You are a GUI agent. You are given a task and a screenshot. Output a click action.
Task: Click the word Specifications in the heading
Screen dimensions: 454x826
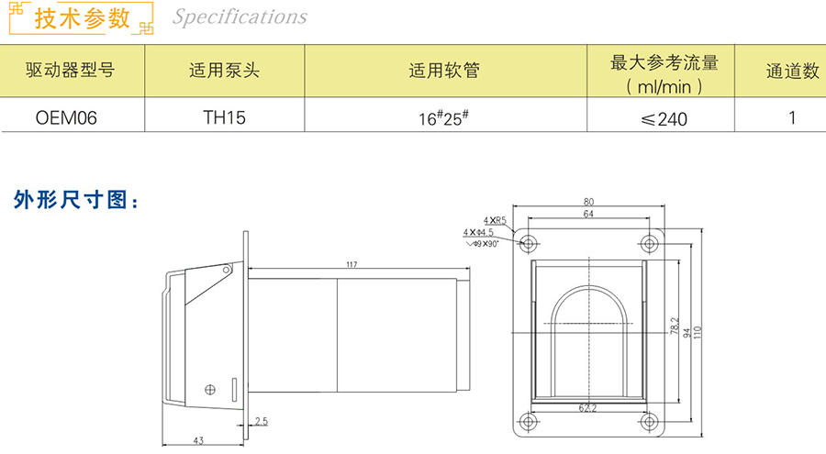point(240,17)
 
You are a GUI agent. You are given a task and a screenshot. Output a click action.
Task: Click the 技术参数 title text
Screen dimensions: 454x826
point(82,18)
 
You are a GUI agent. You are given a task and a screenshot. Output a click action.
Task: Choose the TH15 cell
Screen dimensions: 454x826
point(224,117)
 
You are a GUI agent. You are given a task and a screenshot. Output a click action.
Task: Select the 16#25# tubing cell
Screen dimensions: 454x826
point(444,117)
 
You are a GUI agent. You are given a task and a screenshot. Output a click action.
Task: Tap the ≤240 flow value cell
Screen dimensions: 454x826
point(663,117)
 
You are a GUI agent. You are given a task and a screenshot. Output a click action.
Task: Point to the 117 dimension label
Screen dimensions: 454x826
point(352,264)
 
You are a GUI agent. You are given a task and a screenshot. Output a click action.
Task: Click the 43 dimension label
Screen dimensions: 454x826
point(198,441)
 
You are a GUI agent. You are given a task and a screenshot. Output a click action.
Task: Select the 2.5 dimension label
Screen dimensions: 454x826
point(262,421)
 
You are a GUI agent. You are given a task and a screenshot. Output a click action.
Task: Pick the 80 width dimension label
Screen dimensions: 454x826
point(588,202)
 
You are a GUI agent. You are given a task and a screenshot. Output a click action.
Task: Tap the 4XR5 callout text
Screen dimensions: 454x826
point(496,221)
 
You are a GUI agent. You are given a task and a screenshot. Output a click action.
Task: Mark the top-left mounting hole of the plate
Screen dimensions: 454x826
point(528,243)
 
